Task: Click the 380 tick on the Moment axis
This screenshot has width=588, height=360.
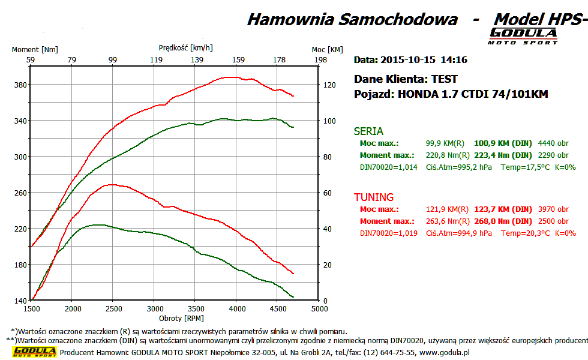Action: tap(20, 85)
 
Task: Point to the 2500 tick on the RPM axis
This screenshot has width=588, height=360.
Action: tap(113, 308)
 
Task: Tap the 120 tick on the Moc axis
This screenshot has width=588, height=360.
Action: tap(328, 85)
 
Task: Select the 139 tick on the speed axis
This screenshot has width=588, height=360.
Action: tap(197, 60)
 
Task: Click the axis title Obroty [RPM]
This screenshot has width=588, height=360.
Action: tap(178, 317)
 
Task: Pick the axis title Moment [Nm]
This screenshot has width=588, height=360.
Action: tap(35, 50)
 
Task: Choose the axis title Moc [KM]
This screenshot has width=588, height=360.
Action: tap(328, 50)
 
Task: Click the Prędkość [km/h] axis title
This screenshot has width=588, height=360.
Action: tap(186, 47)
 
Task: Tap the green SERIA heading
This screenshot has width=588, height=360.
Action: tap(368, 131)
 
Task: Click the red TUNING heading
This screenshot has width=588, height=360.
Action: tap(374, 197)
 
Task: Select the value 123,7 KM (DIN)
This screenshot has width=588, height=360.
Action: tap(503, 209)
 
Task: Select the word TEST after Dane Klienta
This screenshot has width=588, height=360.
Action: tap(444, 79)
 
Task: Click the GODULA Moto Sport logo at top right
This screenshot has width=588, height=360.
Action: tap(524, 36)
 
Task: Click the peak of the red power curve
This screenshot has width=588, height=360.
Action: tap(232, 77)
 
